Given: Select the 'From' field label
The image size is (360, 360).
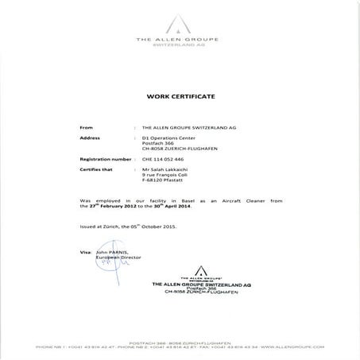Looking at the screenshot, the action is tap(87, 126).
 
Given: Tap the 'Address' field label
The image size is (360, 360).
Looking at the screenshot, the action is tap(91, 137).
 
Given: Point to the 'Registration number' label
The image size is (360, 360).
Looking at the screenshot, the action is tap(105, 159).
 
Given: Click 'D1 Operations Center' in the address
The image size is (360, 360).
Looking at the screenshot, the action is tap(168, 137).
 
